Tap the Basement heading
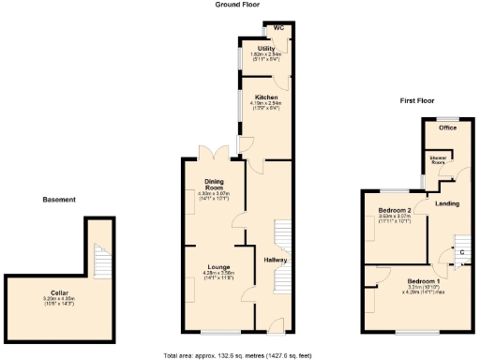[60, 199]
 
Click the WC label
[278, 27]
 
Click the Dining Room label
[214, 183]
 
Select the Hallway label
[276, 260]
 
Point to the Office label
[447, 127]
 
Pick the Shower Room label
[438, 160]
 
